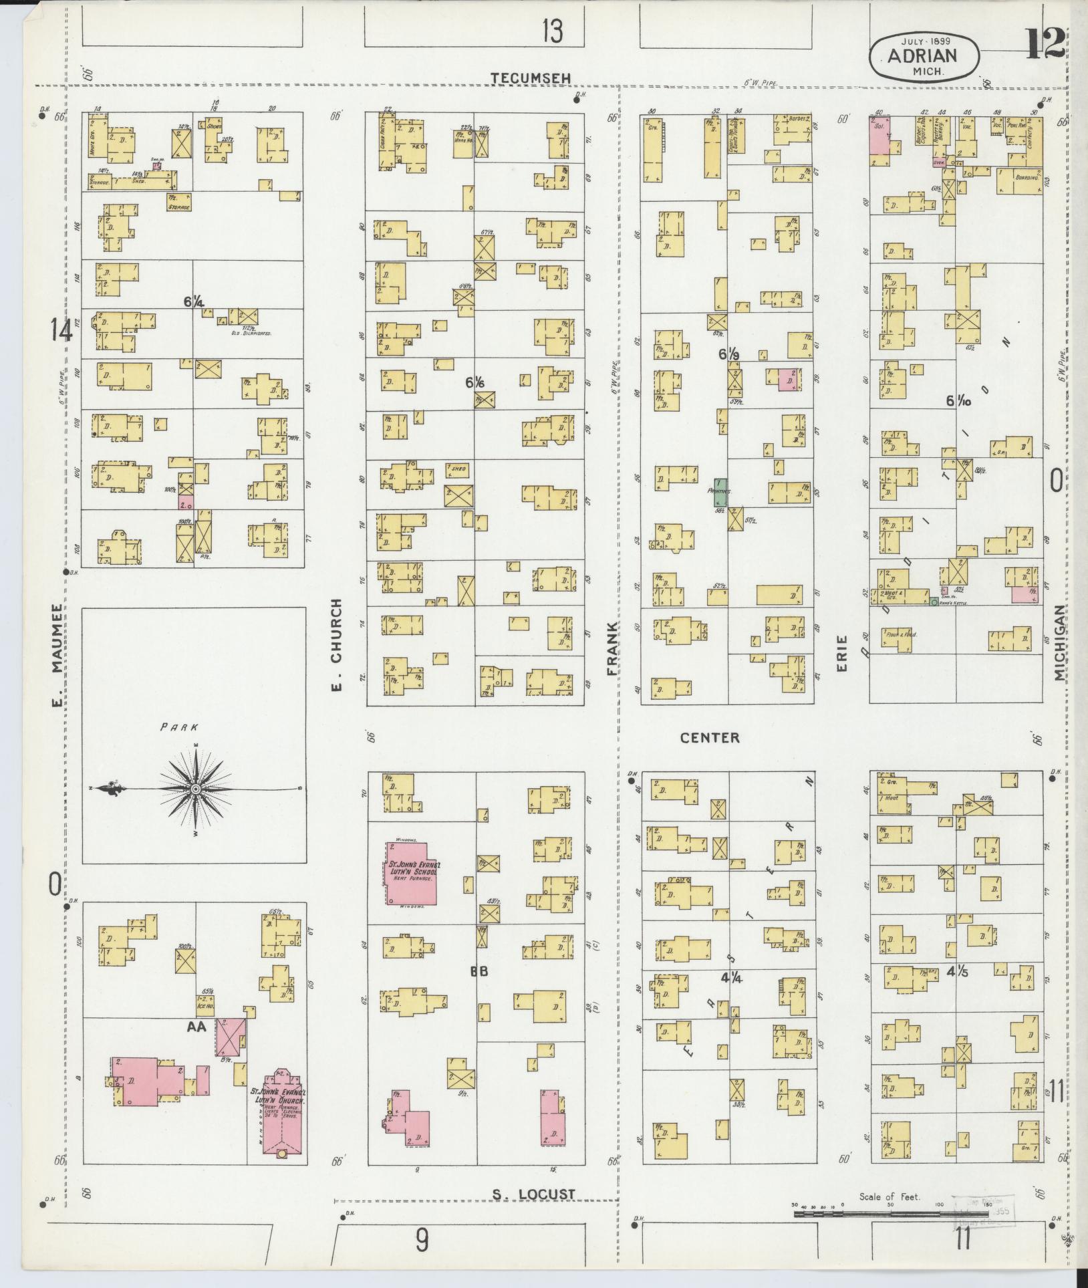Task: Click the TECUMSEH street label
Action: click(x=531, y=78)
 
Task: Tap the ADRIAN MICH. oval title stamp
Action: click(x=924, y=56)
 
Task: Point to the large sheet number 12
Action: click(x=1046, y=44)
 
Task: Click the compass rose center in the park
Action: click(x=196, y=789)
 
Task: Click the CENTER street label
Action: click(x=710, y=738)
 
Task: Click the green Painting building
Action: click(x=719, y=491)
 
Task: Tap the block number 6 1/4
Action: click(x=194, y=302)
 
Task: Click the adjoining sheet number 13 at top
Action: click(x=552, y=31)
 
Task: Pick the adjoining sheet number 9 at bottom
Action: click(x=422, y=1241)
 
